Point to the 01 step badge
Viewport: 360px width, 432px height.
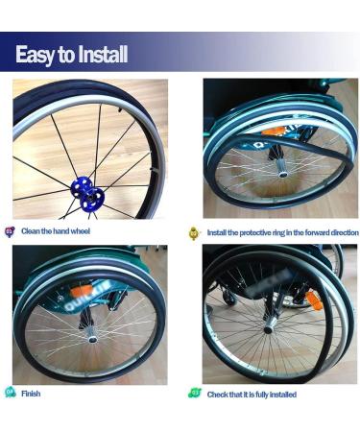pyautogui.click(x=11, y=231)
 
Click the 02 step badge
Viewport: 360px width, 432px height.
pyautogui.click(x=193, y=232)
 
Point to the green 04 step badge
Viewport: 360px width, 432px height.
pyautogui.click(x=11, y=394)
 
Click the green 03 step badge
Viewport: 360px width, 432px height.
pyautogui.click(x=193, y=394)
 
